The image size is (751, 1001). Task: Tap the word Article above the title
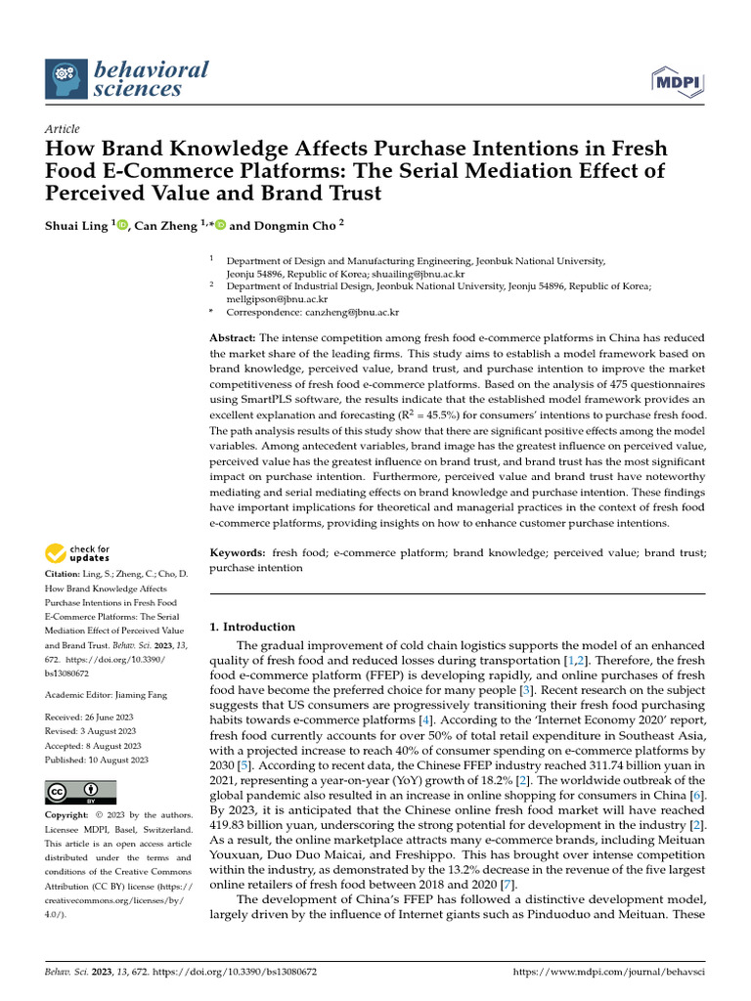[x=63, y=129]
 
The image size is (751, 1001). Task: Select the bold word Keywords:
[x=238, y=552]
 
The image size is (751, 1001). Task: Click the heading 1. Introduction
[x=252, y=627]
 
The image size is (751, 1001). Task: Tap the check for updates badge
[x=78, y=553]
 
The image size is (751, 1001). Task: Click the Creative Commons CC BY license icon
[x=80, y=792]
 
